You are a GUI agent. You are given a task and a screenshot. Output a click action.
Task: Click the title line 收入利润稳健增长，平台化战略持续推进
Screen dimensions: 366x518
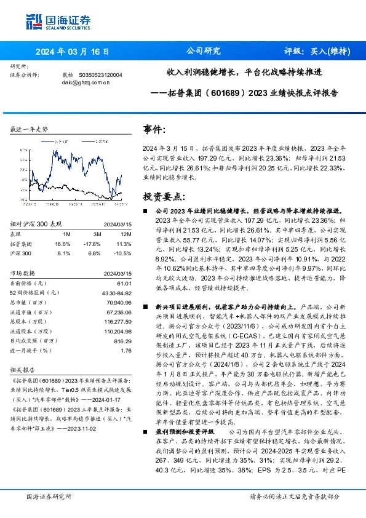tap(253, 71)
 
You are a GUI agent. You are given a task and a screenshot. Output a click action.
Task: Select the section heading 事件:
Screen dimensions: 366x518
tap(154, 130)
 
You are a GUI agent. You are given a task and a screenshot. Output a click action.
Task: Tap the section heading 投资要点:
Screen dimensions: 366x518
tap(164, 196)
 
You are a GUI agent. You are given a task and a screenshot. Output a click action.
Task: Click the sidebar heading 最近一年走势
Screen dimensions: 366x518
tap(30, 129)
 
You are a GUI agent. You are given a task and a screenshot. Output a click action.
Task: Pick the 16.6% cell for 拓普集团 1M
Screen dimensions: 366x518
tap(70, 244)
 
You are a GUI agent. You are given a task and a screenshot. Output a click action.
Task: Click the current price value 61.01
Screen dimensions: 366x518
tap(125, 282)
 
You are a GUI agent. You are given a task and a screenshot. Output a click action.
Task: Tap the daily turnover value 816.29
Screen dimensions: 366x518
tap(124, 341)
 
